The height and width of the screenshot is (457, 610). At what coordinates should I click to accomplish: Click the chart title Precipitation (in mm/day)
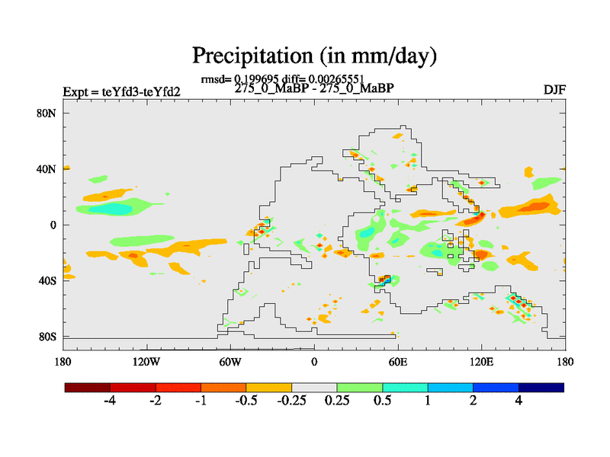pyautogui.click(x=313, y=56)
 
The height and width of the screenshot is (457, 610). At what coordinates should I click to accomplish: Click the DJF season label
pyautogui.click(x=554, y=89)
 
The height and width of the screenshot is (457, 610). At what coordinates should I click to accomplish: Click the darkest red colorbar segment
pyautogui.click(x=88, y=388)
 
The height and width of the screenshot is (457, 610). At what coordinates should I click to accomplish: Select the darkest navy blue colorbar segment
pyautogui.click(x=541, y=388)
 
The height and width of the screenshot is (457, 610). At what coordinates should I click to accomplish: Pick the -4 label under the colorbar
pyautogui.click(x=109, y=401)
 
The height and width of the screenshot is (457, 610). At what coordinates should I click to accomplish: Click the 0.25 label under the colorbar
pyautogui.click(x=337, y=401)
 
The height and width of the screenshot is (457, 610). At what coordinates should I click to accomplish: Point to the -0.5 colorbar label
pyautogui.click(x=246, y=401)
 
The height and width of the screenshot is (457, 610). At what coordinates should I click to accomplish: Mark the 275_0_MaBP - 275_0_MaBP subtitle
pyautogui.click(x=313, y=88)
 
